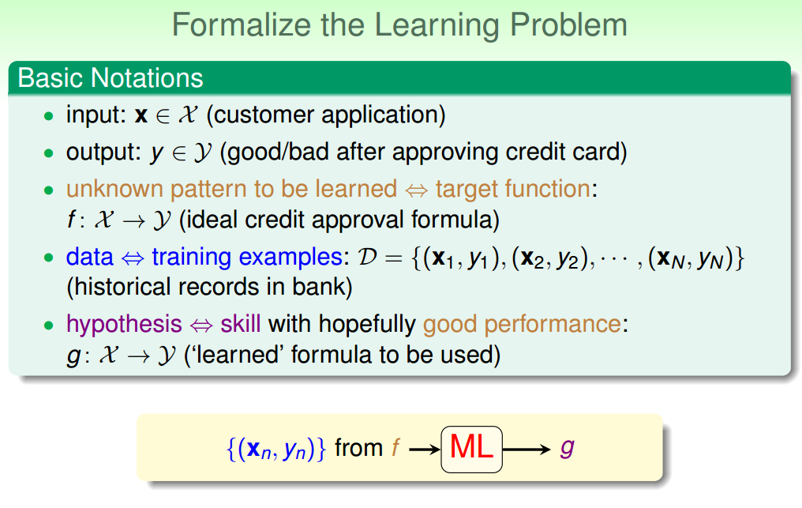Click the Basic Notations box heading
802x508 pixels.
(x=111, y=78)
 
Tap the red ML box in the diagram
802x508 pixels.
(x=471, y=449)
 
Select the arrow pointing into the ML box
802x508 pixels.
(x=425, y=450)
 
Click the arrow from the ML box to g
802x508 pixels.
(x=527, y=450)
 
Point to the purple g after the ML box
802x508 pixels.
(x=568, y=449)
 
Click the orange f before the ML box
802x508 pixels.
(x=395, y=447)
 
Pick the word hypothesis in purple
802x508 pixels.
(x=124, y=325)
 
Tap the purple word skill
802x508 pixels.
(x=241, y=324)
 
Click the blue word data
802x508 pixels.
(x=89, y=257)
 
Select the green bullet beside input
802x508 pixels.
(x=49, y=116)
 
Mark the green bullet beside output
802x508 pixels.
(x=49, y=153)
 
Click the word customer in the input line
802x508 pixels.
(x=264, y=115)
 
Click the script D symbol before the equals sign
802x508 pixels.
(x=367, y=257)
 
